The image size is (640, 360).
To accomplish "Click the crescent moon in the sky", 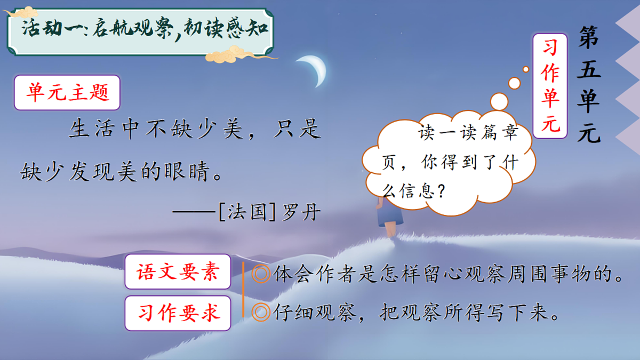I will click(315, 70).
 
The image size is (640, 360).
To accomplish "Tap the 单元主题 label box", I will click(67, 93).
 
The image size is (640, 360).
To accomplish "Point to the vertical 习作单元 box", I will click(550, 86).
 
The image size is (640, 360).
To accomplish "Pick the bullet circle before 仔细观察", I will click(261, 313).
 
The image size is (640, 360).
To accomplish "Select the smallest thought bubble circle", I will click(525, 69).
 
